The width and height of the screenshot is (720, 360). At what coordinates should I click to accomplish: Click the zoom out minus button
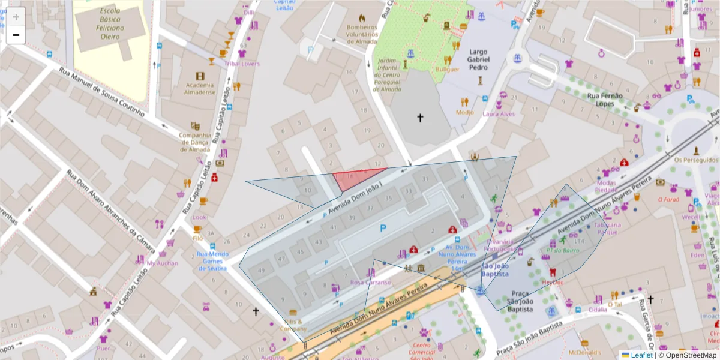click(x=16, y=35)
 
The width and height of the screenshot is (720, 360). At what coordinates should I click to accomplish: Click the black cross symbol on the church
click(x=420, y=118)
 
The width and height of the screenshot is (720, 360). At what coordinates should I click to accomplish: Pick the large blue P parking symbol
click(x=383, y=228)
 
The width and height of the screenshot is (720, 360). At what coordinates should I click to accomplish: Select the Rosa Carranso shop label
click(x=370, y=282)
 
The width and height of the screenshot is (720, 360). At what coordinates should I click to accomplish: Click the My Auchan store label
click(x=163, y=263)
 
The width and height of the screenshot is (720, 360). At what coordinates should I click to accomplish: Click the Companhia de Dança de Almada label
click(x=195, y=142)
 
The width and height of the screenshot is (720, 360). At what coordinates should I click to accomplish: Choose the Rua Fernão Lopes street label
click(x=604, y=100)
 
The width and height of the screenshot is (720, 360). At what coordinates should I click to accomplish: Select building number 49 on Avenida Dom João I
click(x=261, y=271)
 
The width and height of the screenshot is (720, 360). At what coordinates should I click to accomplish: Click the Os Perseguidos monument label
click(x=695, y=160)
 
